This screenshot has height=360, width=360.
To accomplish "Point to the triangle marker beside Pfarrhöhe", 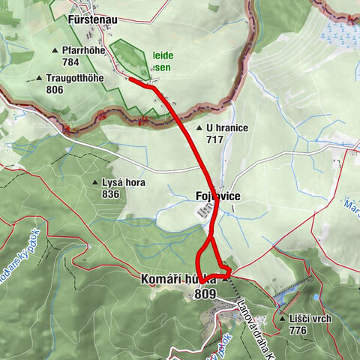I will point(55,50).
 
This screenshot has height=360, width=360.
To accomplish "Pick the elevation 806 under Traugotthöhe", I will point(54,89).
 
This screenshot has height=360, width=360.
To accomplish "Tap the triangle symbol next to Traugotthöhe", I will point(39,78).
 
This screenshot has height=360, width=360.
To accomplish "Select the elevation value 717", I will point(214,139).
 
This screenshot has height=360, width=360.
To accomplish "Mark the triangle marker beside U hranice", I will point(199,128).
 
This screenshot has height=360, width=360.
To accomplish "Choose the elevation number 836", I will point(110,194).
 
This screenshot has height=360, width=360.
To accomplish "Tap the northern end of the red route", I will point(130,79).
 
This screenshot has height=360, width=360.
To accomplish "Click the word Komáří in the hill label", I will point(159,279).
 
